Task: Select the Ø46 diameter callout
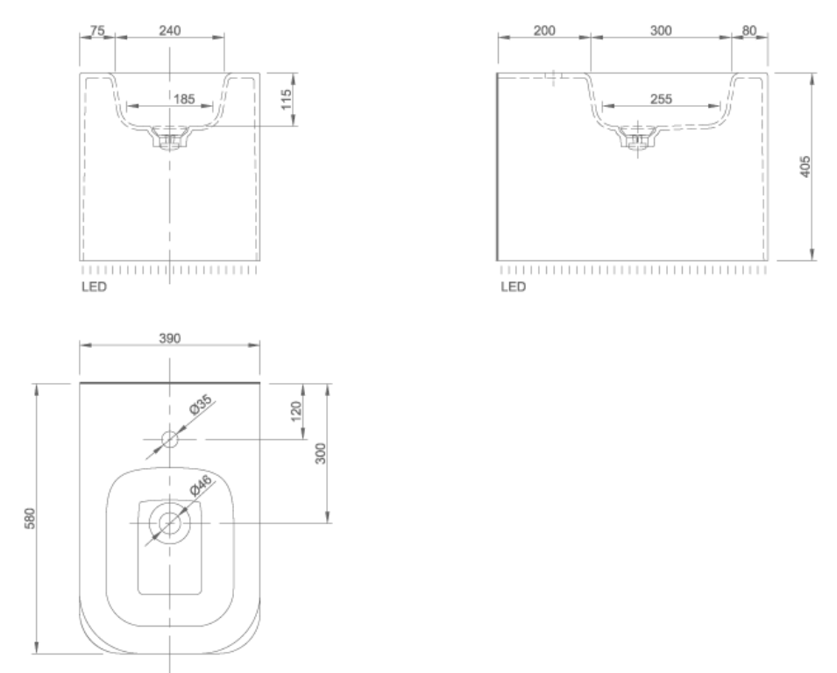click(x=201, y=486)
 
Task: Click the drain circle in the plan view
click(x=169, y=523)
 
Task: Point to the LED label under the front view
click(x=93, y=287)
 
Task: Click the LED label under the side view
click(x=513, y=287)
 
